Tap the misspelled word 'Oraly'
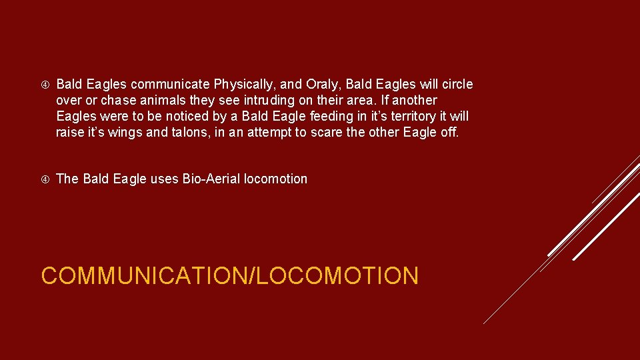322,85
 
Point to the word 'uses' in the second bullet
164,179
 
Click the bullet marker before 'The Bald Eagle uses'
44,179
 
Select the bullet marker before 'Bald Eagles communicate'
44,85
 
